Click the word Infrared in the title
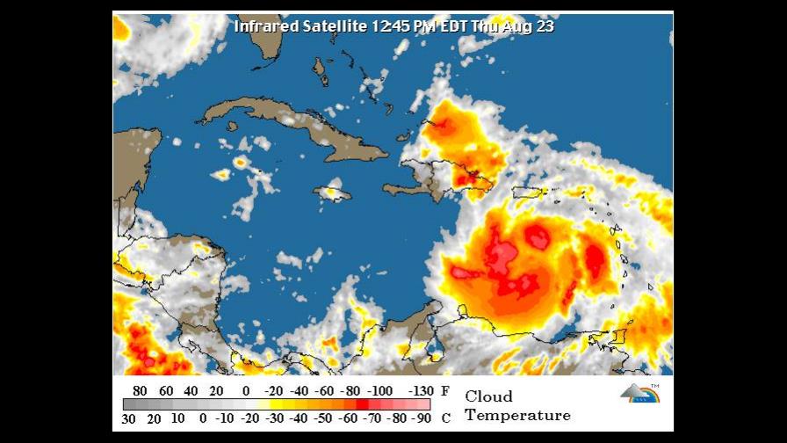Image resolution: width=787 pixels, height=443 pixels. (262, 25)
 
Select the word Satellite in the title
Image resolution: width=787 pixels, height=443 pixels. (334, 25)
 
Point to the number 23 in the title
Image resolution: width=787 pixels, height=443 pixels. (545, 25)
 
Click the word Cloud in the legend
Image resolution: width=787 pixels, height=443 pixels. (488, 396)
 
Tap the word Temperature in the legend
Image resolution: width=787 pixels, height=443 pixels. (517, 416)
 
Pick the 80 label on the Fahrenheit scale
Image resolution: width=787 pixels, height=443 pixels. (140, 391)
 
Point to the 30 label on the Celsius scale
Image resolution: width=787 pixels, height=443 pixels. (129, 418)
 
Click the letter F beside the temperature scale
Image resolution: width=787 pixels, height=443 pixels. (445, 391)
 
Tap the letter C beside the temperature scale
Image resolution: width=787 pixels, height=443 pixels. (445, 418)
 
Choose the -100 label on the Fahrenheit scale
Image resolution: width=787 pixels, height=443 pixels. (381, 391)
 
